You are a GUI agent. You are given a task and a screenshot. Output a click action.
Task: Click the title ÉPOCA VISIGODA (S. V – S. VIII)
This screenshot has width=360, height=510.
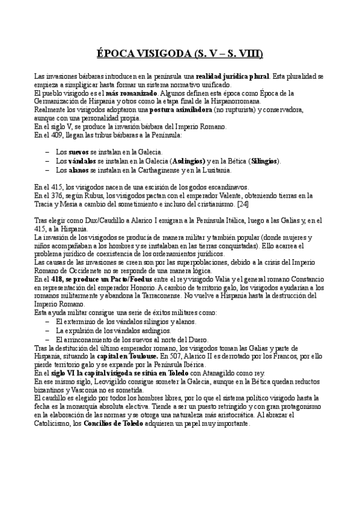pos(180,54)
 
